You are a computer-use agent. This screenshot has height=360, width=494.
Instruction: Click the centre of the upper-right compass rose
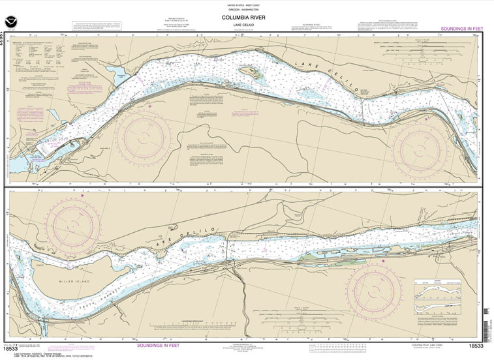(x=420, y=146)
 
